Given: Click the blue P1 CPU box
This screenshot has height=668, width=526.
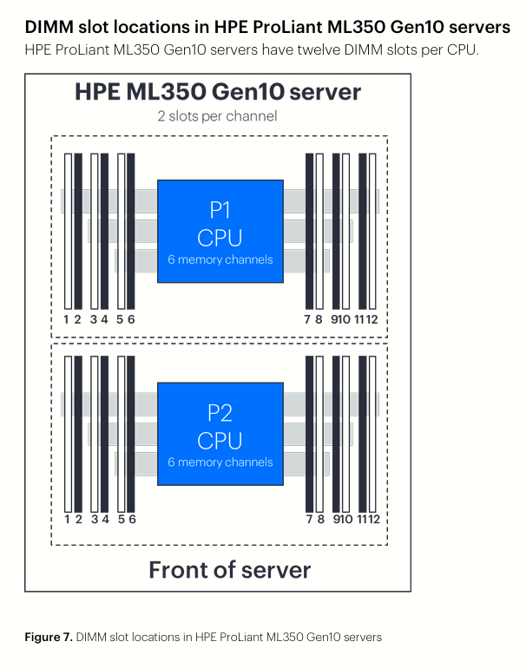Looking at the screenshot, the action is [220, 231].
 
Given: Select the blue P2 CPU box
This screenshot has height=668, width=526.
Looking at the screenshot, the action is [220, 434].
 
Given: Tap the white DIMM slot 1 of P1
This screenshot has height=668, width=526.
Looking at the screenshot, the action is [69, 232].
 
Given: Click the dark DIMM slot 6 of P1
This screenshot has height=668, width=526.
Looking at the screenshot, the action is [131, 232].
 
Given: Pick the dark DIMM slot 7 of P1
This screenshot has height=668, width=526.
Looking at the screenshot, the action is [310, 232].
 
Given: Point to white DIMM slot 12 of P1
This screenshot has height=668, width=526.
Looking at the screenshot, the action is [372, 232].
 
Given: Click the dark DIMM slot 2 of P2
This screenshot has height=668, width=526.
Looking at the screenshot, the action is [78, 434].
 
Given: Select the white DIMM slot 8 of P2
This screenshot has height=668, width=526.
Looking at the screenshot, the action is [319, 434].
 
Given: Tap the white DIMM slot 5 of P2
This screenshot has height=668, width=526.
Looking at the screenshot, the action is [122, 434].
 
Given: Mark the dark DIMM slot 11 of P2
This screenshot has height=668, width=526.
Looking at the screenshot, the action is [363, 434].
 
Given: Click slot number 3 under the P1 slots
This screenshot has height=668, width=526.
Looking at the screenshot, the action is [94, 319].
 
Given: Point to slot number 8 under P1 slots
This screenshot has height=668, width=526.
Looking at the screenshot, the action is [319, 319].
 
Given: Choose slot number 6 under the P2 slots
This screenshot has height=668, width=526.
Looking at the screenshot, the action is [132, 519].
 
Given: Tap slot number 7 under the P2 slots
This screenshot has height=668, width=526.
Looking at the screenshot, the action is [310, 519].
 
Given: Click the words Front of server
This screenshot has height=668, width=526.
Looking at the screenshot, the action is [230, 570].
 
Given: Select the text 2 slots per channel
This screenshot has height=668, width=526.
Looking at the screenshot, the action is [217, 116].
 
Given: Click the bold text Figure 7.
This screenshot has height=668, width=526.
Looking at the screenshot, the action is [49, 637].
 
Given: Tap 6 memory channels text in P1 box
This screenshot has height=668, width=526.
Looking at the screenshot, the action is [220, 259].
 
